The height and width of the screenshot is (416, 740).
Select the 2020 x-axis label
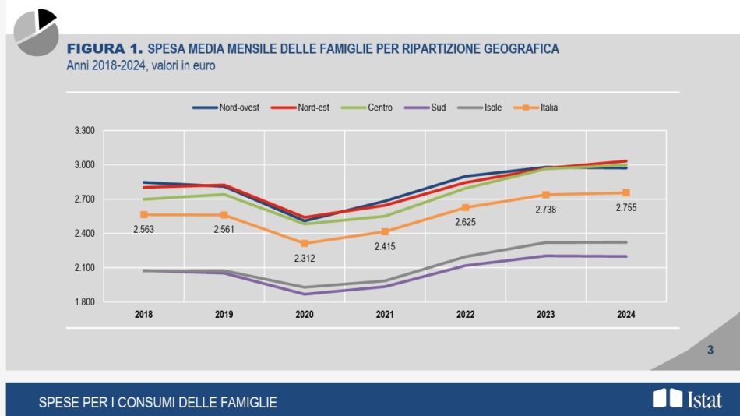click(305, 315)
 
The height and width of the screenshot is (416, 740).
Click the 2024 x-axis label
click(626, 315)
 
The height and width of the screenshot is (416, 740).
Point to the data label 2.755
click(626, 207)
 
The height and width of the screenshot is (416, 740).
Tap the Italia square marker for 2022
click(466, 207)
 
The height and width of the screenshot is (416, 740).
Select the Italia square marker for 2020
click(305, 243)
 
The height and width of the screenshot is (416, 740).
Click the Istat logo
click(687, 400)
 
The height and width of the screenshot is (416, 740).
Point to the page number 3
click(710, 351)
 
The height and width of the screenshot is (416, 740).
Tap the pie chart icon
click(37, 33)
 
